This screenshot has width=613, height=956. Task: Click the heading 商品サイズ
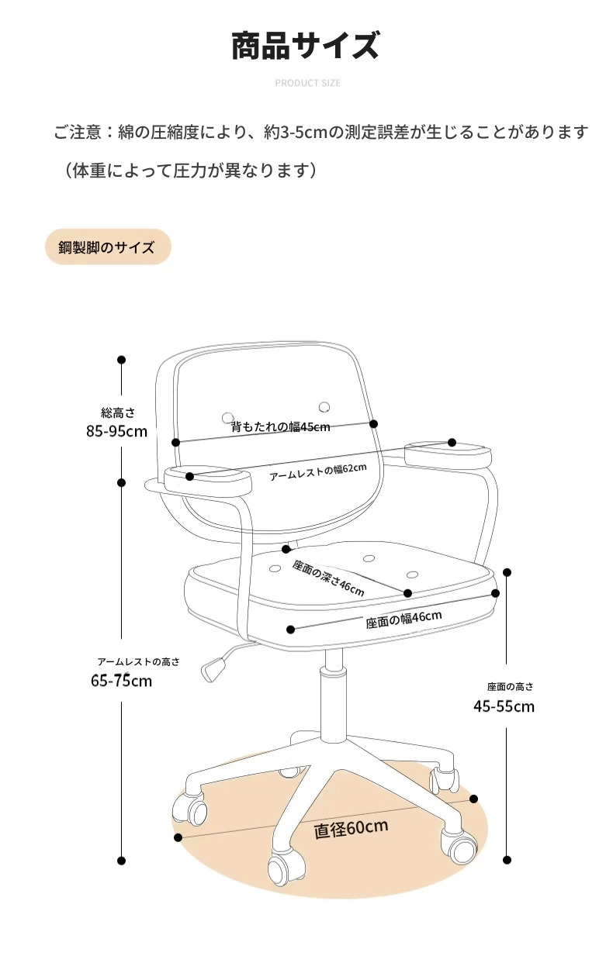(x=305, y=45)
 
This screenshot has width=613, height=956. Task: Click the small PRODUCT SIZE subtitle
(x=307, y=83)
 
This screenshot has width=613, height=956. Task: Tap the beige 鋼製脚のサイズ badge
(x=108, y=247)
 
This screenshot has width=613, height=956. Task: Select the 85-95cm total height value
(x=116, y=431)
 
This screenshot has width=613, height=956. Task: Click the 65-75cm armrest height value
(x=121, y=680)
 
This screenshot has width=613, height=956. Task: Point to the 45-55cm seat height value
(x=504, y=706)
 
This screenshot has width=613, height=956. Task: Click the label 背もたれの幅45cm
(x=281, y=426)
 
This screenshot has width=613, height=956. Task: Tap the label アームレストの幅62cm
(x=318, y=471)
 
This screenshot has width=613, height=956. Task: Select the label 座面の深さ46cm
(x=328, y=578)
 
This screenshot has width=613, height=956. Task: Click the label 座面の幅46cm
(x=403, y=620)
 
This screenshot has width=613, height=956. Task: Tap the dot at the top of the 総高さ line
(x=121, y=360)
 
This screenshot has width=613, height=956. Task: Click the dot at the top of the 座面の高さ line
(x=507, y=572)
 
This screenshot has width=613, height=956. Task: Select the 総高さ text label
(x=118, y=412)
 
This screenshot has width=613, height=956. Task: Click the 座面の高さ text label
(x=511, y=687)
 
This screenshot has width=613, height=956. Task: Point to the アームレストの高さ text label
(x=138, y=661)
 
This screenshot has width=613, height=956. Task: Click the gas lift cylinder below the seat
(x=334, y=695)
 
